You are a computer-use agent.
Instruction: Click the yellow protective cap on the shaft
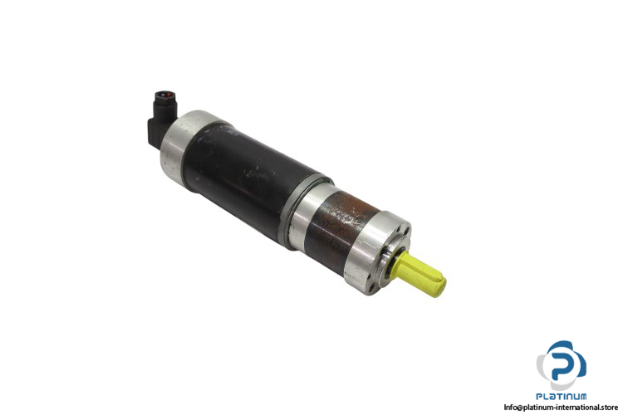419,274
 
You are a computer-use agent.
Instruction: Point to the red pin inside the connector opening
169,95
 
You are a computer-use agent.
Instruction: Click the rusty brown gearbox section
341,231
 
